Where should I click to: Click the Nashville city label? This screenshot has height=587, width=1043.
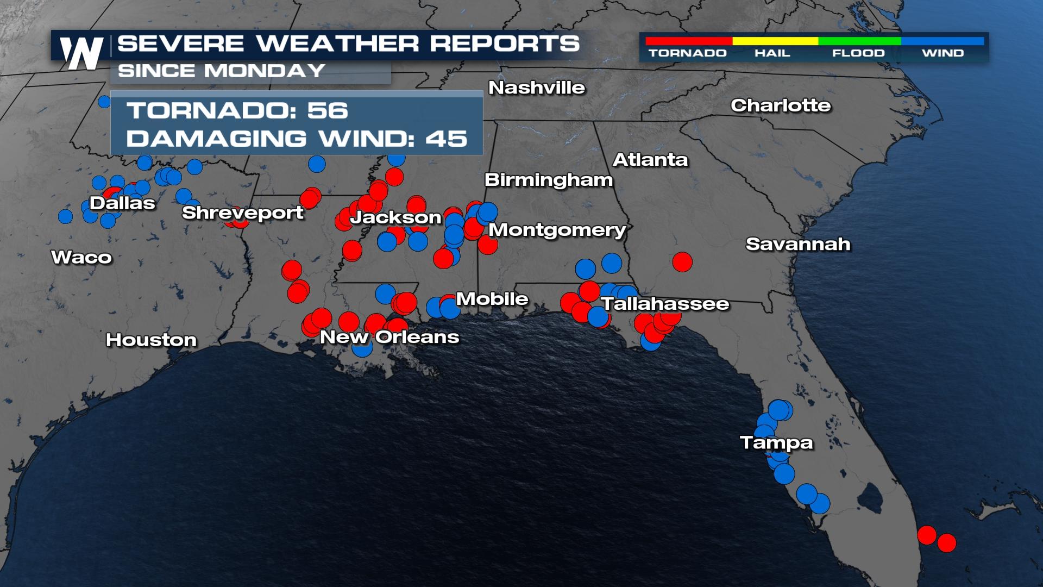pyautogui.click(x=537, y=88)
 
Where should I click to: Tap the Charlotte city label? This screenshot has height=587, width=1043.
pyautogui.click(x=781, y=105)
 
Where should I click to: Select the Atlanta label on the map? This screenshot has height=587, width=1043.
pyautogui.click(x=650, y=159)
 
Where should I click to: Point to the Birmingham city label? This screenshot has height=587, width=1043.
pyautogui.click(x=549, y=179)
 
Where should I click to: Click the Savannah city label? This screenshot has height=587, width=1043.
pyautogui.click(x=798, y=244)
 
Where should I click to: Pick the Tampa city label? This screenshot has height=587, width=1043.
pyautogui.click(x=776, y=442)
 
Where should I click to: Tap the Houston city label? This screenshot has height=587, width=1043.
pyautogui.click(x=151, y=340)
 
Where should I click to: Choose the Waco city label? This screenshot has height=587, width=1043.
pyautogui.click(x=81, y=257)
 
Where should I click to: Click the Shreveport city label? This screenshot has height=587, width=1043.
pyautogui.click(x=242, y=213)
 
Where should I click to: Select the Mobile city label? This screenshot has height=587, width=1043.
pyautogui.click(x=492, y=298)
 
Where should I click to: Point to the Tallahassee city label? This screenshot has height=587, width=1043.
pyautogui.click(x=665, y=303)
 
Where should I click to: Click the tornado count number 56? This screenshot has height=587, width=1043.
pyautogui.click(x=328, y=110)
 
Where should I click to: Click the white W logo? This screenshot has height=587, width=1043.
pyautogui.click(x=81, y=53)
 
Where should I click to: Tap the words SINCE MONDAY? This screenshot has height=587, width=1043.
pyautogui.click(x=221, y=71)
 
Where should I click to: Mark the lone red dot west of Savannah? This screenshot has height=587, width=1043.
pyautogui.click(x=682, y=262)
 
